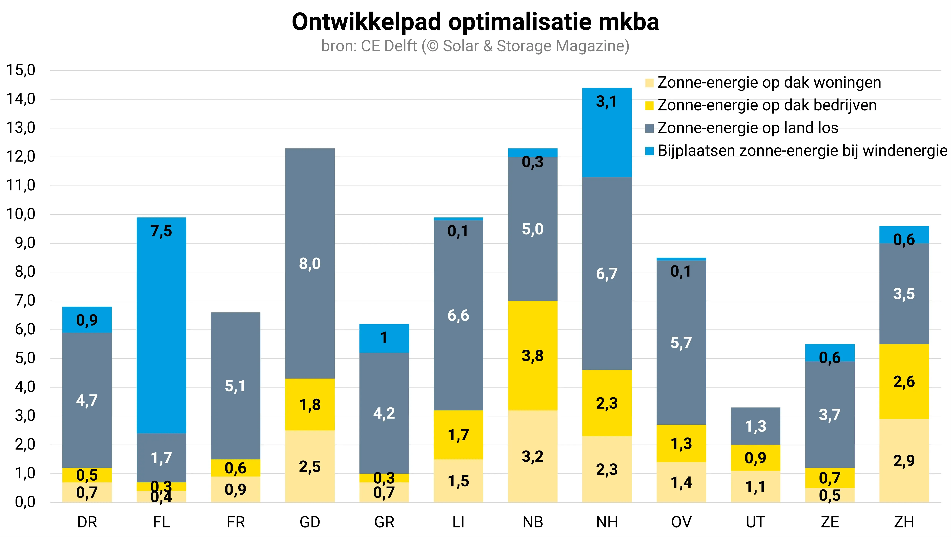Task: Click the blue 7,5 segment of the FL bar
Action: pos(161,325)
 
